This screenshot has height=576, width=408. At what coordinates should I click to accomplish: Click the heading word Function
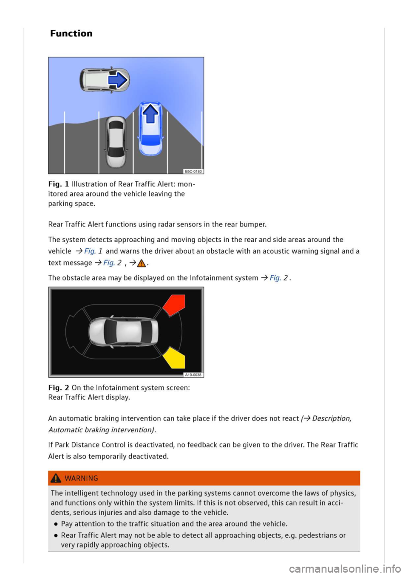(71, 34)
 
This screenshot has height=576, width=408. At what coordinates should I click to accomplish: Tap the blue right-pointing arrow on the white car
(118, 80)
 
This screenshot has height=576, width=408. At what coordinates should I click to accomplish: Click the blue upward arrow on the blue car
(150, 113)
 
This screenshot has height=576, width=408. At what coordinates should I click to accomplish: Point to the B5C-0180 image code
(193, 171)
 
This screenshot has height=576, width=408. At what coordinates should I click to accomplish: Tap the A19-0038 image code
(193, 375)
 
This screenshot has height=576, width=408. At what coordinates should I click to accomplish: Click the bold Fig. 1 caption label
(59, 184)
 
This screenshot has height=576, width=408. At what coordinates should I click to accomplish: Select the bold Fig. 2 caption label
(59, 387)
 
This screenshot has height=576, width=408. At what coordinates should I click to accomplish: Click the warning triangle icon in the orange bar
(56, 478)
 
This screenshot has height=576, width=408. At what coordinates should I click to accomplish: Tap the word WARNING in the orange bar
(81, 478)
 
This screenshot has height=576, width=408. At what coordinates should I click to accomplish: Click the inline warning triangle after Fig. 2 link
(141, 263)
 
